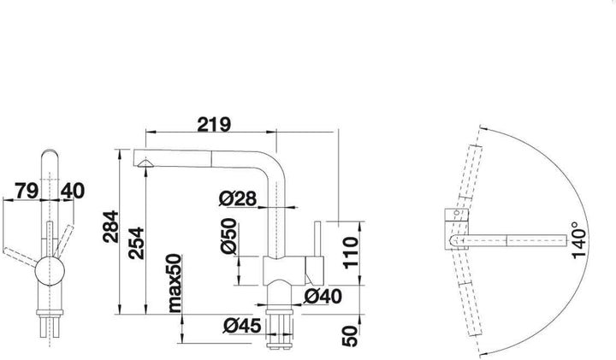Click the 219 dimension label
pos(214,124)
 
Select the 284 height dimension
pos(110,227)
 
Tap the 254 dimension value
pos(137,243)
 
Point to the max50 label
pos(175,283)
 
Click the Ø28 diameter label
pos(237,198)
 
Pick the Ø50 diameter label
pos(228,236)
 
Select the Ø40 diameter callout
pos(323,297)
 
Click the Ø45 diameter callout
pos(242,326)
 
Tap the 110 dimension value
pos(352,252)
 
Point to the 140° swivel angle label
pos(579,240)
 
